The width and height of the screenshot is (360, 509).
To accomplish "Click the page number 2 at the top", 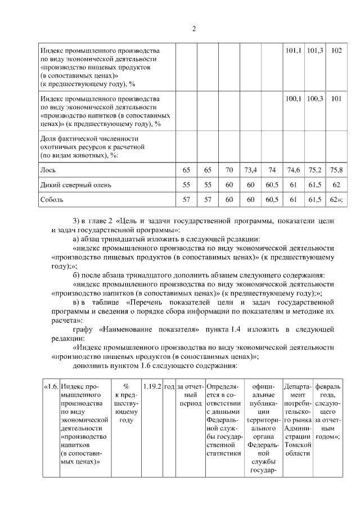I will pyautogui.click(x=193, y=29).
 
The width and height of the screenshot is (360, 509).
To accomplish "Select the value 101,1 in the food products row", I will pyautogui.click(x=292, y=51).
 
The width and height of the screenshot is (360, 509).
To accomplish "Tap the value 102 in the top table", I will pyautogui.click(x=337, y=51).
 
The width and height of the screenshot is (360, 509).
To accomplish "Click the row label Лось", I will pyautogui.click(x=47, y=169).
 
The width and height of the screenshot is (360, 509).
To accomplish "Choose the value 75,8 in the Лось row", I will pyautogui.click(x=337, y=169).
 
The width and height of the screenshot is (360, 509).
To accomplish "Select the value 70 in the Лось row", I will pyautogui.click(x=229, y=169).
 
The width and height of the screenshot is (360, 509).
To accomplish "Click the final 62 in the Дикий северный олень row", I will pyautogui.click(x=337, y=184).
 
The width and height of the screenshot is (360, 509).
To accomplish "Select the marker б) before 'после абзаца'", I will pyautogui.click(x=78, y=275).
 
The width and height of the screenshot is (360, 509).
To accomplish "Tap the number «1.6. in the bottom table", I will pyautogui.click(x=51, y=387).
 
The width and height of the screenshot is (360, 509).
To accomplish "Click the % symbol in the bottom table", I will pyautogui.click(x=126, y=387).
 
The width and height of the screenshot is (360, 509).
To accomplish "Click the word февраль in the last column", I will pyautogui.click(x=328, y=387).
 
